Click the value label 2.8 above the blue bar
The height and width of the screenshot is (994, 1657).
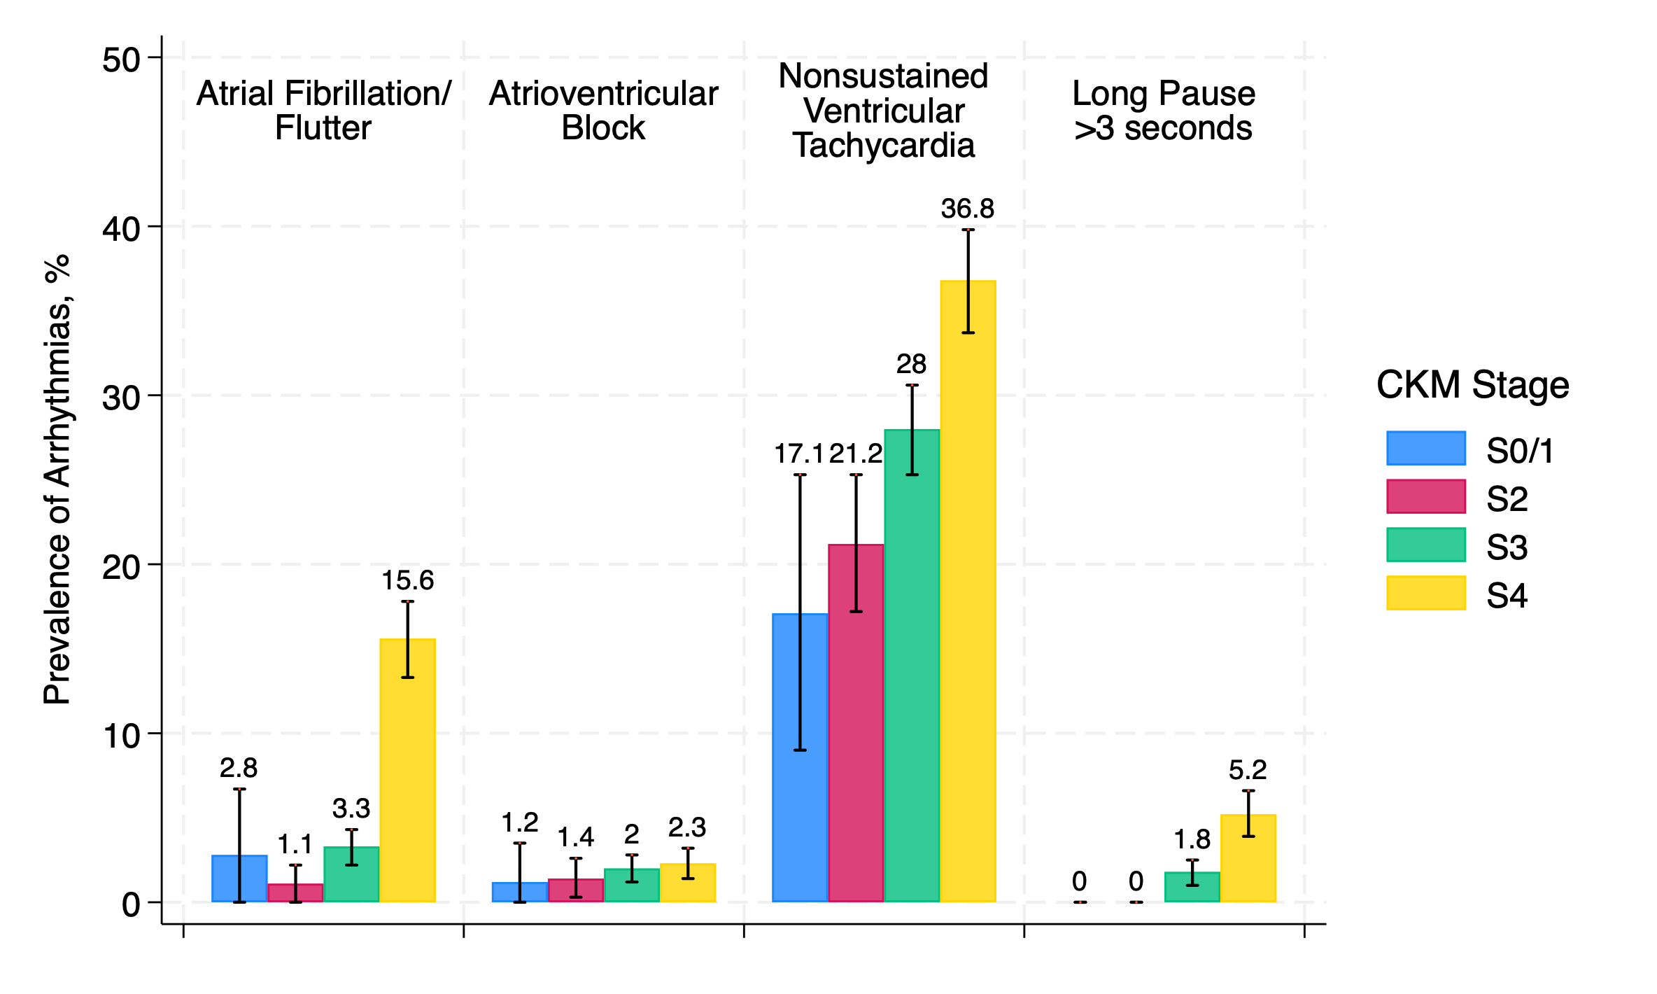point(239,769)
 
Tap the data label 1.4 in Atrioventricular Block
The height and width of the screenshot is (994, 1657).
point(575,837)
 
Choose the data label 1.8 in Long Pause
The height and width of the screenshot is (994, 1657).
point(1192,839)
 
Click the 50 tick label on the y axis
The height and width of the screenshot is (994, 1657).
point(121,60)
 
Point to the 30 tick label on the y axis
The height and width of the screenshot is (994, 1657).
point(121,398)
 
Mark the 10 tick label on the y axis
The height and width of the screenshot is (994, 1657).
point(121,736)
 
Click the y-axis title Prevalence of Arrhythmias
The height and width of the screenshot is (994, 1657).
point(57,479)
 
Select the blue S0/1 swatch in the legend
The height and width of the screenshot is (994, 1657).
point(1425,448)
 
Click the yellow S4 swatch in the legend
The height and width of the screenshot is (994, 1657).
point(1425,593)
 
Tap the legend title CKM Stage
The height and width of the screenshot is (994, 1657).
point(1472,385)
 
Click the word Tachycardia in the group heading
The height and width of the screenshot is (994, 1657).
point(883,146)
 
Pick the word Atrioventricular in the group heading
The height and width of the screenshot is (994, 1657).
point(603,94)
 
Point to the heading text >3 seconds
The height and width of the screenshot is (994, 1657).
point(1163,129)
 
